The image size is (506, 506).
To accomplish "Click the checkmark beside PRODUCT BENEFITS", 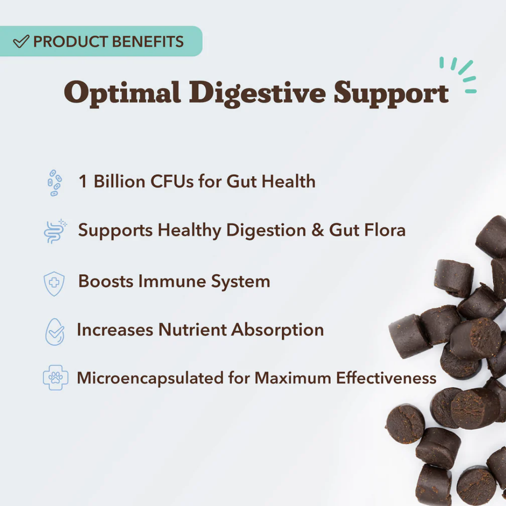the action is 21,41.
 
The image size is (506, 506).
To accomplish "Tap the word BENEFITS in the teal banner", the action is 148,42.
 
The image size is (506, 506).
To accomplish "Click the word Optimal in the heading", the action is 122,93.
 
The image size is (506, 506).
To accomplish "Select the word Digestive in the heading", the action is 257,93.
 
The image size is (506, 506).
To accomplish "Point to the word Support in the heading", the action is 391,93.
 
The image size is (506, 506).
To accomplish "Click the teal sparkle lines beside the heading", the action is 458,75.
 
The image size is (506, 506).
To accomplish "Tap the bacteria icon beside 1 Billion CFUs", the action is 54,183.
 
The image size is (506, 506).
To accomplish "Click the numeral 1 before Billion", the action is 83,181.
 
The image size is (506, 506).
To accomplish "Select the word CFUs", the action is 172,181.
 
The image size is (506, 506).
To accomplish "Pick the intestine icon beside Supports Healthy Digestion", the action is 55,231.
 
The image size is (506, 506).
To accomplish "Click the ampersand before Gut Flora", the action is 318,230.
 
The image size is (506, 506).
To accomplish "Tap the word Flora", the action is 385,230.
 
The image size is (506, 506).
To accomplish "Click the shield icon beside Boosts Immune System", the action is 54,283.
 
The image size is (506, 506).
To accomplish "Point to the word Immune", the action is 172,281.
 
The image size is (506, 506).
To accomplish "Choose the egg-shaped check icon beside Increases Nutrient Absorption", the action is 55,332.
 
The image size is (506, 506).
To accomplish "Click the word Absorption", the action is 277,330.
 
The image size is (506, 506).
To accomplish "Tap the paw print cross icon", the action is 55,378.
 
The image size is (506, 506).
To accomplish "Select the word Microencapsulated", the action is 150,378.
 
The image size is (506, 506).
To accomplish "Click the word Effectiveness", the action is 386,378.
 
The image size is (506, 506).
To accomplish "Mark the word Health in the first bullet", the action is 289,181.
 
